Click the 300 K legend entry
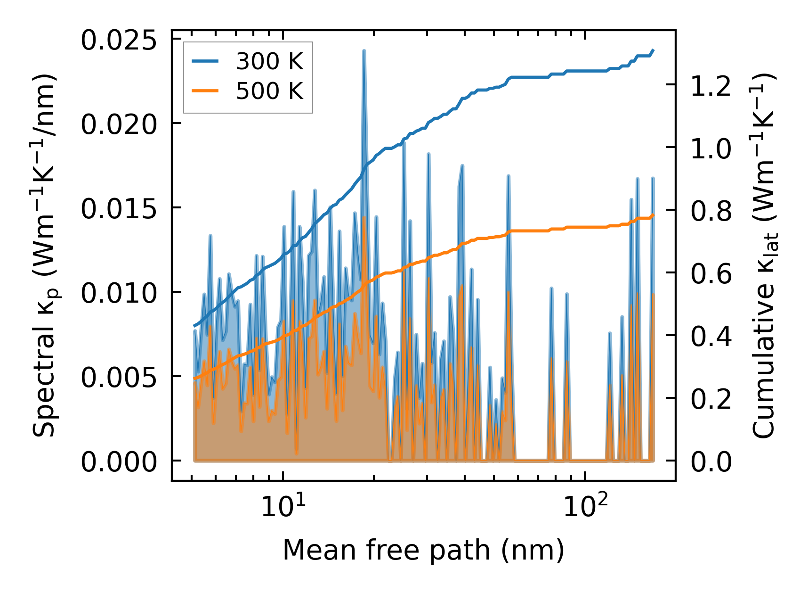click(269, 62)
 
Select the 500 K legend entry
click(269, 91)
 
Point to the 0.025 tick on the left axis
click(118, 41)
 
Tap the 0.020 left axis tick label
click(118, 125)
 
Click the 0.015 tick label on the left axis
click(118, 209)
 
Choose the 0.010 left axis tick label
click(118, 293)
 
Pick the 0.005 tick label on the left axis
click(118, 378)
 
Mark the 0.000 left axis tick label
click(118, 462)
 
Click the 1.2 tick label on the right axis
click(711, 86)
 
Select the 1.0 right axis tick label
click(711, 149)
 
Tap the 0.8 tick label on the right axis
click(711, 212)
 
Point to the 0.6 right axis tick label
click(711, 274)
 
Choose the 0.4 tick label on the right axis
click(711, 337)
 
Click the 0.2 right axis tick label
click(711, 399)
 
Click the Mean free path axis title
click(423, 550)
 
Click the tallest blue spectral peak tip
click(364, 50)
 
